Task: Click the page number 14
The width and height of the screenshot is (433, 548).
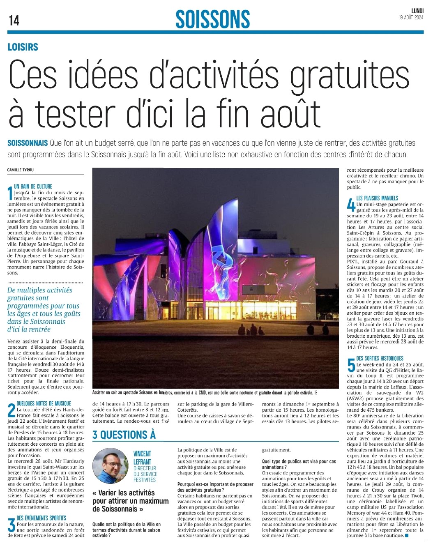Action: (x=14, y=20)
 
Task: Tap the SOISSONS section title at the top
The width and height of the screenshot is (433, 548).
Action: (x=212, y=19)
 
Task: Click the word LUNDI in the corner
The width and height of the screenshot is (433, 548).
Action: (x=417, y=11)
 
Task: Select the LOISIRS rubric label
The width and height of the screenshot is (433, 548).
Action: (x=23, y=47)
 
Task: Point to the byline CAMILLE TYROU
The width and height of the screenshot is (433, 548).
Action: (x=21, y=170)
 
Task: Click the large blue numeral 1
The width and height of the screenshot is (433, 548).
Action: (x=10, y=193)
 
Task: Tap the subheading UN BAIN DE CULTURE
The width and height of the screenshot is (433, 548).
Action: (x=33, y=186)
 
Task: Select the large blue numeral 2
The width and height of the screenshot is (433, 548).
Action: (x=12, y=411)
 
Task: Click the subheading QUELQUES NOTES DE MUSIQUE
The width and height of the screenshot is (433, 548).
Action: (x=44, y=404)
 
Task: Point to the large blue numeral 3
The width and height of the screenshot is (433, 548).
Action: (x=12, y=526)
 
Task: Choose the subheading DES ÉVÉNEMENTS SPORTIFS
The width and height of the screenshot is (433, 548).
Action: (x=41, y=518)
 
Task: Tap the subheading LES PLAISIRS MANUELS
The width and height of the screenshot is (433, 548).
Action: (x=377, y=198)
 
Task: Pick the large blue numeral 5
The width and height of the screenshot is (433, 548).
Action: (x=351, y=366)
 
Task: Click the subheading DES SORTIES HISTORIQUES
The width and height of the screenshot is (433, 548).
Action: (x=380, y=358)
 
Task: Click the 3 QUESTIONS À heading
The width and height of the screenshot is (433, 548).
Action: (x=124, y=435)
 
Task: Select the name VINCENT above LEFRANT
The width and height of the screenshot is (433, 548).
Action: (x=142, y=454)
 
